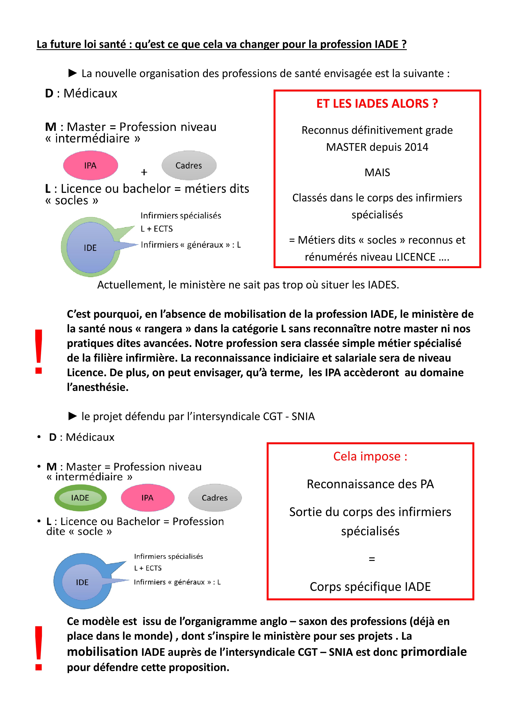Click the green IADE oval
coord(80,498)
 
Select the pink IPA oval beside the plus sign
coord(91,166)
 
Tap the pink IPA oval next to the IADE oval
coord(147,498)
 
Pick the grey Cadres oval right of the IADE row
coord(215,498)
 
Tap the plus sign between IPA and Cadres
coord(144,172)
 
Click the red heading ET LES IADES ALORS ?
coord(377,104)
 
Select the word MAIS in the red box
coord(377,172)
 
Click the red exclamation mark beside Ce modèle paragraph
coord(39,649)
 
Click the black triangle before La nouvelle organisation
coord(73,73)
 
